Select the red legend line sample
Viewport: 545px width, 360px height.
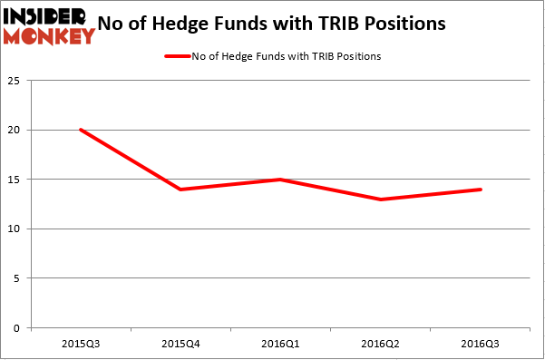click(x=177, y=56)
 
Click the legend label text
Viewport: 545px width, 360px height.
click(x=286, y=56)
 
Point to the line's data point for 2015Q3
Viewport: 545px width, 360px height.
click(x=81, y=130)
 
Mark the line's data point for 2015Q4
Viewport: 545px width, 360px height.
click(x=181, y=190)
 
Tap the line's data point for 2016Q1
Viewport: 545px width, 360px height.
click(x=281, y=180)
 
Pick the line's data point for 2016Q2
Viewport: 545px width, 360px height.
click(x=381, y=199)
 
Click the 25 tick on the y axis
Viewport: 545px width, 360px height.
click(x=16, y=81)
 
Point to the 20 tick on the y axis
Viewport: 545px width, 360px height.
click(x=16, y=131)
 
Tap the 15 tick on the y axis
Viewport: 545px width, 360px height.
click(x=16, y=180)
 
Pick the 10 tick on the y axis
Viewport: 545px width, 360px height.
click(x=16, y=229)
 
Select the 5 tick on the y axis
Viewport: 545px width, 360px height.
click(x=19, y=278)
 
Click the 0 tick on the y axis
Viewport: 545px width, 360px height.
click(x=19, y=328)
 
